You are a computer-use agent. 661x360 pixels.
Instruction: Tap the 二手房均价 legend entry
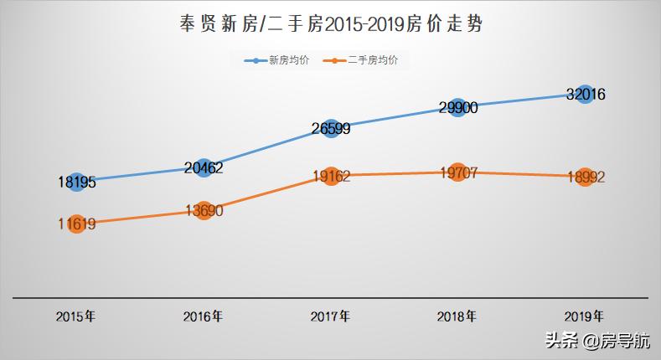coord(367,61)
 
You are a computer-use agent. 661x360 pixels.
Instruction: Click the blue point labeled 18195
coord(76,182)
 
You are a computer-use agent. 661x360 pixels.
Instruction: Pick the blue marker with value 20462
coord(204,167)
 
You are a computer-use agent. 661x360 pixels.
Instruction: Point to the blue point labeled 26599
coord(331,128)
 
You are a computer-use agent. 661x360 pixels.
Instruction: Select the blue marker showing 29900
coord(457,107)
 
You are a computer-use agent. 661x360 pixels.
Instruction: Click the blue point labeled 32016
coord(585,94)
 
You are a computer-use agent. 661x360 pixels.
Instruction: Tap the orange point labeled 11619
coord(76,224)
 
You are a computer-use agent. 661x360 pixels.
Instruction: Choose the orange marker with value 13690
coord(204,211)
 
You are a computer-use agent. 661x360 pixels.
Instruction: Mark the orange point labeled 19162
coord(331,176)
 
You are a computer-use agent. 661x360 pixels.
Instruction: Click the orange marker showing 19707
coord(457,172)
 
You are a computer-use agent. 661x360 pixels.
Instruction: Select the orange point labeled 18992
coord(585,177)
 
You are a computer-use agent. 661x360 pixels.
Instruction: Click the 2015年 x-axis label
coord(75,316)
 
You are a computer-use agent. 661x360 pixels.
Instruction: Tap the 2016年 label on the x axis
coord(203,316)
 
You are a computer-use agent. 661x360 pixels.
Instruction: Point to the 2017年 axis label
coord(330,316)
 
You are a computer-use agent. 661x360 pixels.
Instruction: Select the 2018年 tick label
coord(457,316)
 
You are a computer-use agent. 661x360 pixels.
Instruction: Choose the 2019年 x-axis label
coord(584,316)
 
